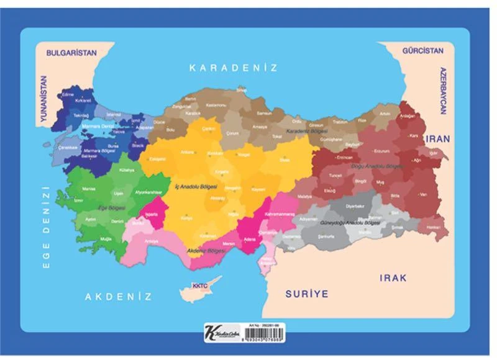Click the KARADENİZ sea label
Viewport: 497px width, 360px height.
pos(234,68)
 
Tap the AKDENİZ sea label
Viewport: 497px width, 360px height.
pos(119,297)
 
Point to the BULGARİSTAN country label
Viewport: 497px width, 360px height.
pos(72,53)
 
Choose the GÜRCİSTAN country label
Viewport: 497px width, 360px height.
pos(423,50)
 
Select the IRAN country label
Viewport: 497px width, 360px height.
pos(437,139)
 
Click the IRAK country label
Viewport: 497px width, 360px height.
pos(393,277)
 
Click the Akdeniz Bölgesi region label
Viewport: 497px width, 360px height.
pos(204,251)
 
